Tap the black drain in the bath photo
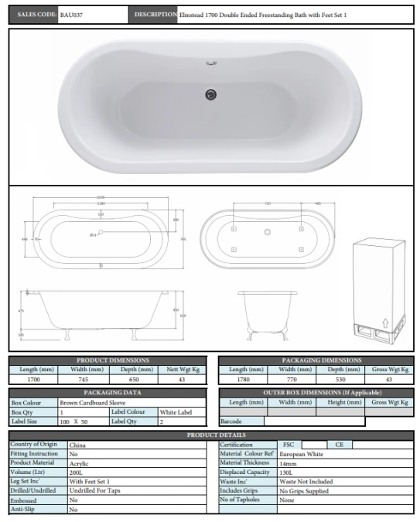coord(208,94)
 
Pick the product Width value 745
coord(84,380)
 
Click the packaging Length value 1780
coord(244,380)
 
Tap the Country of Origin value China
coord(77,445)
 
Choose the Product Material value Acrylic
coord(80,462)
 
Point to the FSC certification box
coord(289,445)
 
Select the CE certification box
coord(339,445)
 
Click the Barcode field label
coord(232,421)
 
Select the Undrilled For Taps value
coord(96,490)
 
